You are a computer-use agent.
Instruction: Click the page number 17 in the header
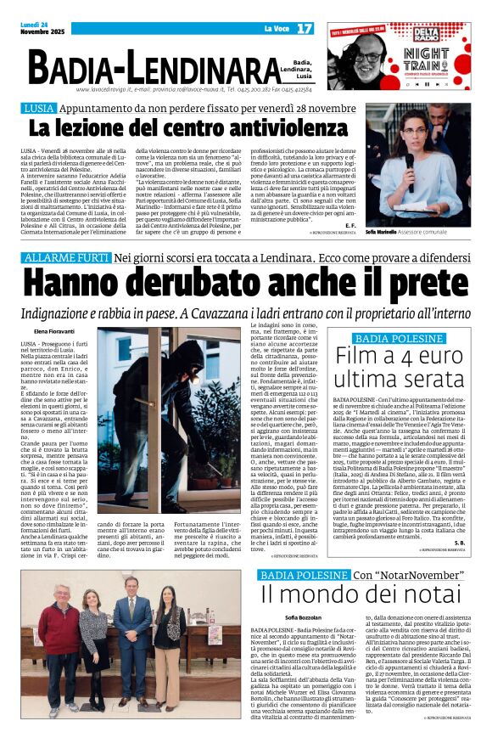click(x=305, y=29)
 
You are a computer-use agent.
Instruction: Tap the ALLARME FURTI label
click(x=66, y=257)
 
